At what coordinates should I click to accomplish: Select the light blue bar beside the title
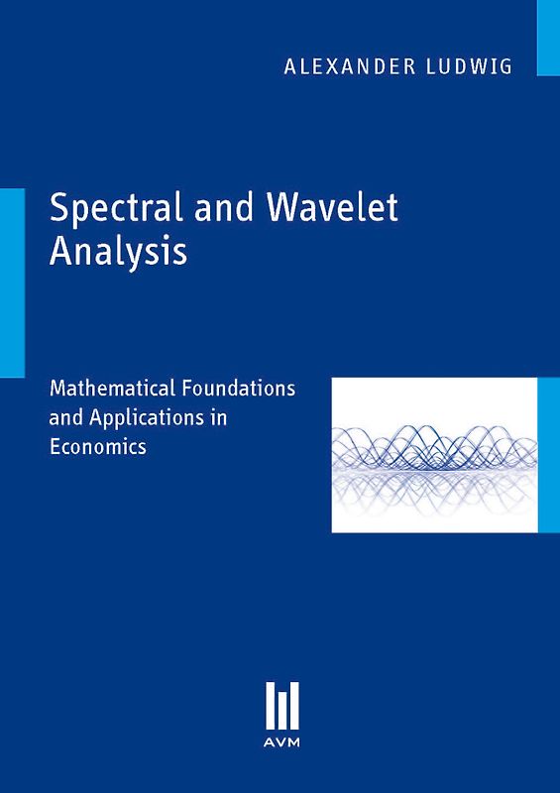(x=12, y=282)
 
